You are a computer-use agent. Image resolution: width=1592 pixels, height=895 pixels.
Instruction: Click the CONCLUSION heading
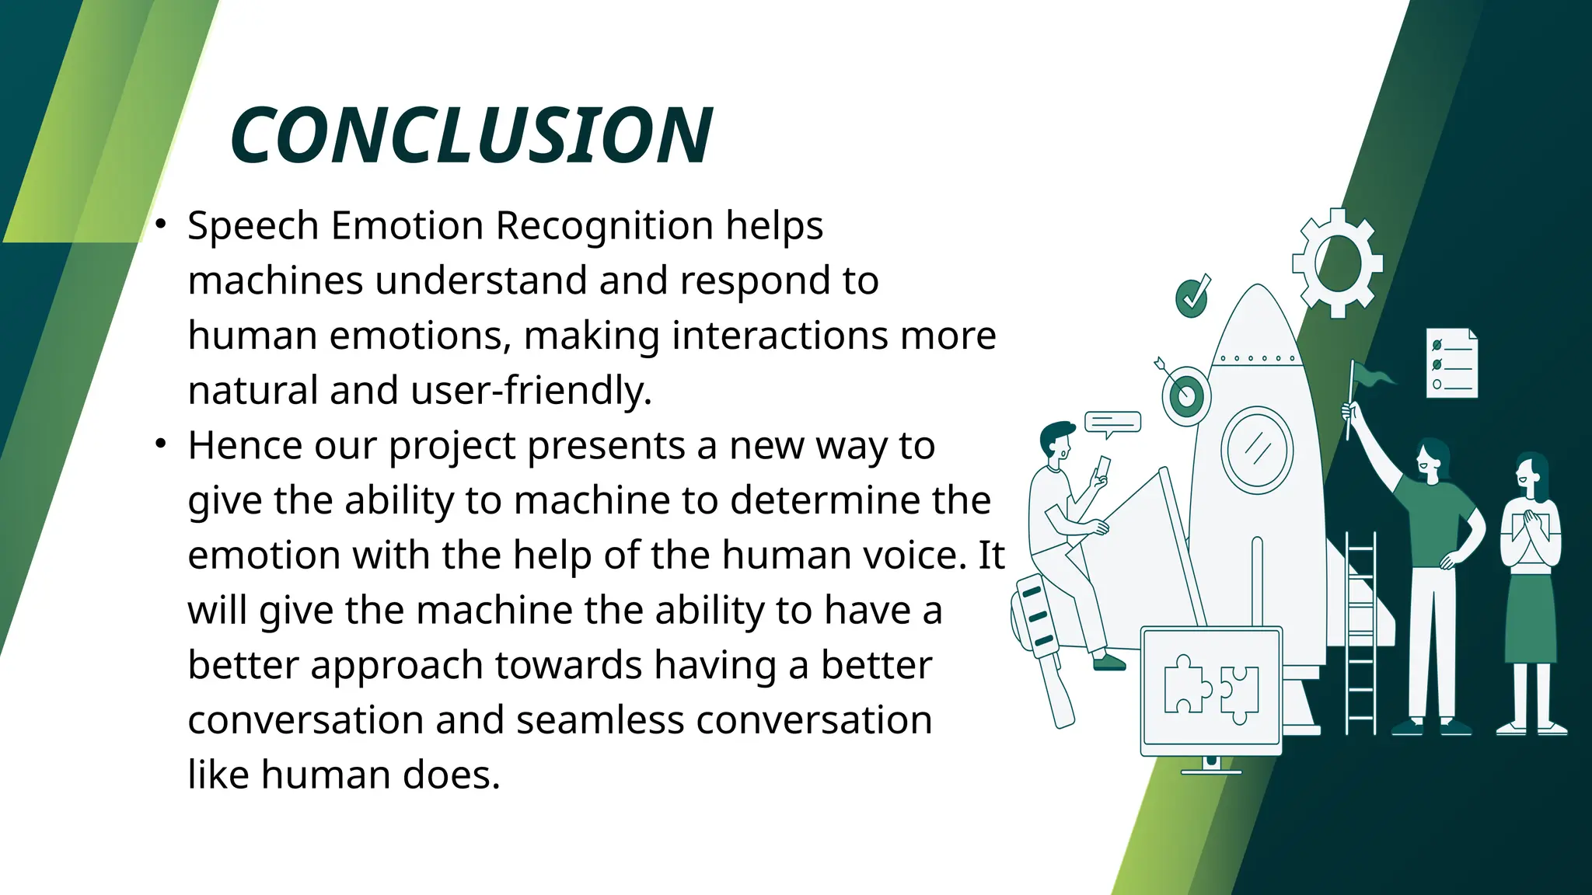coord(470,136)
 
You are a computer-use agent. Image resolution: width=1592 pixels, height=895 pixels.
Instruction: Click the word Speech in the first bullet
coord(253,226)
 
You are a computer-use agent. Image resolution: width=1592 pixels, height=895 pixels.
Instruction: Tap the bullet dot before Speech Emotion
coord(161,225)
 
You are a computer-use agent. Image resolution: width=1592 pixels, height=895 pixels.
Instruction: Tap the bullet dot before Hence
coord(161,444)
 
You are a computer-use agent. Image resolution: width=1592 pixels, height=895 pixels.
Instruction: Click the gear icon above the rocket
coord(1337,263)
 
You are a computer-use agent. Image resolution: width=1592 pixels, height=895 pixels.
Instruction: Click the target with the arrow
coord(1185,395)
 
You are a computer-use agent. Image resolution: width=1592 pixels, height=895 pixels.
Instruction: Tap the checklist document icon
coord(1451,364)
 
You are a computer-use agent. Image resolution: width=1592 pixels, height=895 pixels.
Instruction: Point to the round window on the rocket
coord(1256,450)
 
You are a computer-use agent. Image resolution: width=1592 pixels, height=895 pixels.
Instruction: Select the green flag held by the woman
coord(1372,377)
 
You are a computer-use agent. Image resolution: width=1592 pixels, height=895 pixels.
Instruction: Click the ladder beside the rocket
coord(1360,633)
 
